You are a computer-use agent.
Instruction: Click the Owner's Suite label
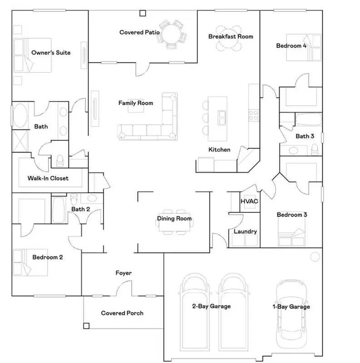click(x=51, y=53)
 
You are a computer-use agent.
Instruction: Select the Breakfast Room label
click(x=231, y=36)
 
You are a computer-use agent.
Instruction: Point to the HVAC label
click(x=249, y=201)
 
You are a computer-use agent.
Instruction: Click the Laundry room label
click(x=245, y=231)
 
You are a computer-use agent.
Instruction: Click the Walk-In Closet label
click(x=48, y=178)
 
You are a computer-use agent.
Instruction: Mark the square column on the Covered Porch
click(x=86, y=325)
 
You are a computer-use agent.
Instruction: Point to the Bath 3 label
click(x=305, y=136)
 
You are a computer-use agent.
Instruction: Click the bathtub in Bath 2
click(x=58, y=209)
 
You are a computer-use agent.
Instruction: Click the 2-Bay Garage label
click(x=211, y=306)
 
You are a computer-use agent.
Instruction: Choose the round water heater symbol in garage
click(x=315, y=257)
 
